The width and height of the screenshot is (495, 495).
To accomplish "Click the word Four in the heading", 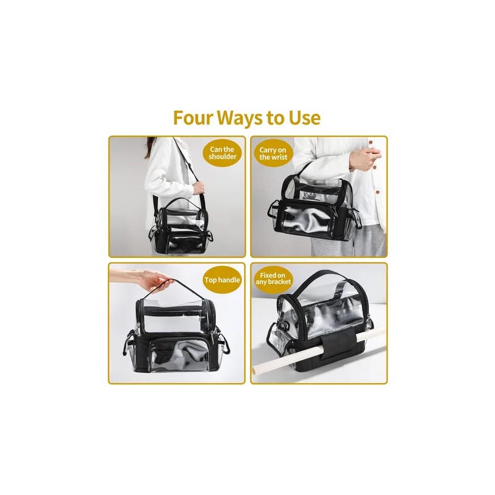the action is (x=192, y=118).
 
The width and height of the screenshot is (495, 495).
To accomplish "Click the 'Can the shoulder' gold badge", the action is (x=222, y=153).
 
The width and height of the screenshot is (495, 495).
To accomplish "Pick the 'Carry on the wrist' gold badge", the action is (x=273, y=153).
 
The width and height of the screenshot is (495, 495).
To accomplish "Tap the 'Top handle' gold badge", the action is (x=222, y=280).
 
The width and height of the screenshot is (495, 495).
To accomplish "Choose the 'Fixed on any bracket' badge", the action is (x=273, y=279).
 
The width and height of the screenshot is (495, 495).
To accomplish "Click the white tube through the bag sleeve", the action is (x=318, y=350).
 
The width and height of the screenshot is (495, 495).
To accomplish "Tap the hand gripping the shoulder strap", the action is (x=198, y=188).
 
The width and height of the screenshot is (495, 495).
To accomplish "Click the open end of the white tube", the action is (x=257, y=368).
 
